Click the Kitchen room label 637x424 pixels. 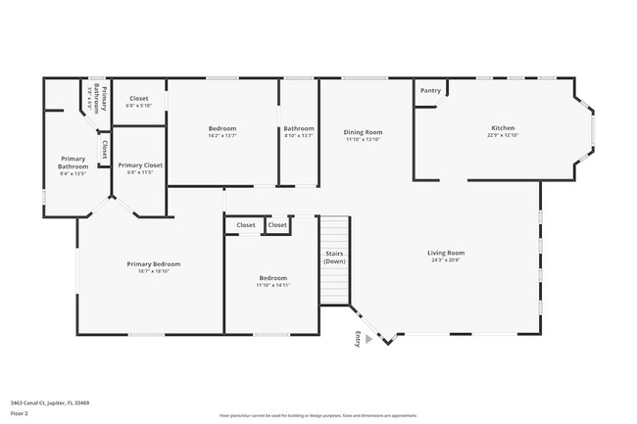tap(503, 128)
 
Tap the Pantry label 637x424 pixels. tap(430, 91)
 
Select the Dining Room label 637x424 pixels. tap(363, 132)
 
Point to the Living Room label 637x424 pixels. tap(446, 253)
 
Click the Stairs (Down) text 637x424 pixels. tap(335, 258)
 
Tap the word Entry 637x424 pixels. tap(358, 339)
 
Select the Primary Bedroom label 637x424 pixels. tap(154, 263)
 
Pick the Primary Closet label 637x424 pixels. tap(140, 165)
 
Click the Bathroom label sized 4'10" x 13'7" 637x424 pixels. tap(299, 128)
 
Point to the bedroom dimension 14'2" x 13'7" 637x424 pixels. tap(222, 136)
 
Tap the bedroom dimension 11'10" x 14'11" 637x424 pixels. tap(272, 285)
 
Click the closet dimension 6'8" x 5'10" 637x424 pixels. tap(139, 105)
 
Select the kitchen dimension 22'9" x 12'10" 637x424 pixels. tap(503, 135)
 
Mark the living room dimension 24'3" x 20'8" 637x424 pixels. tap(446, 260)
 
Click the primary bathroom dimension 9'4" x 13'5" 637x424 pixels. tap(73, 173)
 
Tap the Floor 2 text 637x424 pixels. tap(21, 413)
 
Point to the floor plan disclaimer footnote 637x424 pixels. tap(318, 416)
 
